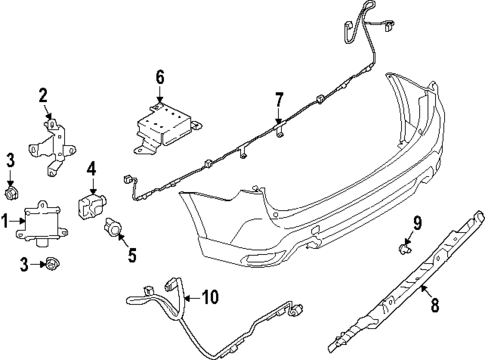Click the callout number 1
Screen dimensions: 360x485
coord(6,220)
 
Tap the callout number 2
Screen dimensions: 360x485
coord(43,96)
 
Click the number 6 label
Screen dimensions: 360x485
coord(158,77)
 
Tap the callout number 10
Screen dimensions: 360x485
coord(208,298)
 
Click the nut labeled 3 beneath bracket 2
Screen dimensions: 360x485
coord(14,190)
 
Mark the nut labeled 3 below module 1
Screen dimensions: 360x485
coord(50,264)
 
